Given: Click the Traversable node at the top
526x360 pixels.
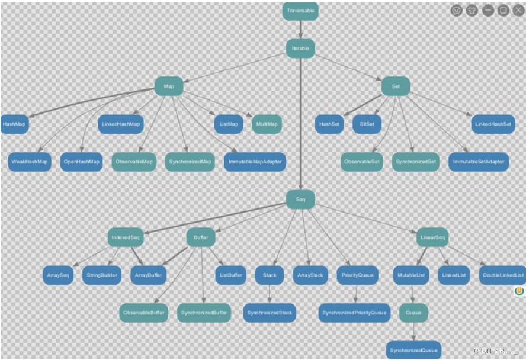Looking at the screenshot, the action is click(x=301, y=11).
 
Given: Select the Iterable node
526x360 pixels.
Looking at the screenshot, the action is click(x=300, y=48).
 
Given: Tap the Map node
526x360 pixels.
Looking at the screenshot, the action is click(x=169, y=86).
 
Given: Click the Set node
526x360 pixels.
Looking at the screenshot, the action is click(x=396, y=86).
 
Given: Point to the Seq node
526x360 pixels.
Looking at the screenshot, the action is click(x=300, y=200).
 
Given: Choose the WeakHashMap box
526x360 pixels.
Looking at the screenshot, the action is click(x=30, y=162).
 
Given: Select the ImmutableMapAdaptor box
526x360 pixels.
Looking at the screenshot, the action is click(x=255, y=162).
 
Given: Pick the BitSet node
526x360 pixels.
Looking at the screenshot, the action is click(x=367, y=124).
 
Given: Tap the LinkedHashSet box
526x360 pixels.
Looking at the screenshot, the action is click(x=493, y=124).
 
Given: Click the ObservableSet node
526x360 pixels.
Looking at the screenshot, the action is click(x=362, y=162).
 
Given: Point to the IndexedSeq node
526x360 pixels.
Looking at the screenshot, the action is click(x=126, y=237).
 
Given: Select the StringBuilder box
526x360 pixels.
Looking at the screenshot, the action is click(x=102, y=275).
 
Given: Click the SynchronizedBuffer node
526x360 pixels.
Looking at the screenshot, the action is click(x=204, y=312).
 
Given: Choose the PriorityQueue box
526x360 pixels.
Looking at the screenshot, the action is click(x=357, y=275).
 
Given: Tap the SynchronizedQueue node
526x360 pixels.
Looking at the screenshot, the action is click(x=413, y=350).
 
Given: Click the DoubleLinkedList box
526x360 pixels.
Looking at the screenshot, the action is click(x=503, y=275).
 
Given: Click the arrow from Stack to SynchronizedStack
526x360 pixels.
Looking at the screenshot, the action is click(x=270, y=293).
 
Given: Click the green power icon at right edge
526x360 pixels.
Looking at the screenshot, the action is click(x=519, y=291).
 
